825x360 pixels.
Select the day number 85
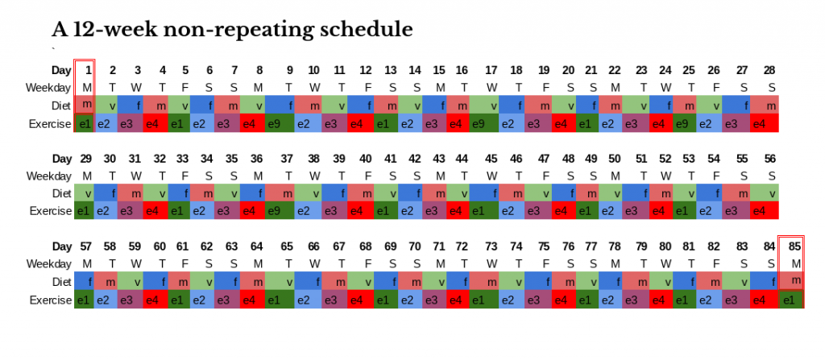(x=795, y=246)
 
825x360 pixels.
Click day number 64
(x=256, y=246)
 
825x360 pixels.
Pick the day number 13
(x=390, y=70)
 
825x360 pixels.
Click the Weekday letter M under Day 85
(x=795, y=263)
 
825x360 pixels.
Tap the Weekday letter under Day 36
(x=256, y=175)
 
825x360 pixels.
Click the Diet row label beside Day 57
(x=60, y=281)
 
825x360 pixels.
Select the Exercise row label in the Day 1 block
(x=50, y=124)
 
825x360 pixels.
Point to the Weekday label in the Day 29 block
(x=49, y=175)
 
